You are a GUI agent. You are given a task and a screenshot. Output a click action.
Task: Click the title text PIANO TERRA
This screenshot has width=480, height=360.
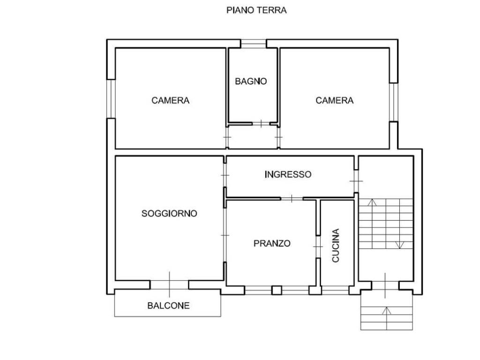tap(256, 10)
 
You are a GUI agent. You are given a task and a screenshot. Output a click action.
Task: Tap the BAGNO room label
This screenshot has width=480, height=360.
tap(251, 81)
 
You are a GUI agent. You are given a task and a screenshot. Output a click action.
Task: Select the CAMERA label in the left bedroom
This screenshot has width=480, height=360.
tap(170, 100)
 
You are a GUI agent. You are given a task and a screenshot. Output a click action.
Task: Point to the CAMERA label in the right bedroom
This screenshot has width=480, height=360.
tap(334, 100)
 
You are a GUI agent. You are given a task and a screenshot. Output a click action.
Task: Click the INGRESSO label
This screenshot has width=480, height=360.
tap(288, 174)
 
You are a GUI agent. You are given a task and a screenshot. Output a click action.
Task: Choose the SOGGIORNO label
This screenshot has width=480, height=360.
tap(169, 213)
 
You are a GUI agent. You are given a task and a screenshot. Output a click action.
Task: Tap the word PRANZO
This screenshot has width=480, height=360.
tap(272, 243)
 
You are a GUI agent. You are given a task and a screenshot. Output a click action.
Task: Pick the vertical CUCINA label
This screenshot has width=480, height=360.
tap(336, 245)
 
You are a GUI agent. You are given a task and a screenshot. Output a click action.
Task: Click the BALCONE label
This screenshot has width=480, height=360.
tap(168, 306)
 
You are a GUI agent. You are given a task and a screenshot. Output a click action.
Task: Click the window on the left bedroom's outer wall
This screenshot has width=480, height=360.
tap(111, 98)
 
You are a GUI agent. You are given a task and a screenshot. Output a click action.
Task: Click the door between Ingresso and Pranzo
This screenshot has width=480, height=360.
tap(292, 198)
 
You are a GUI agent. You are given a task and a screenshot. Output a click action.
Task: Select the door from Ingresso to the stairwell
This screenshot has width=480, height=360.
tap(356, 180)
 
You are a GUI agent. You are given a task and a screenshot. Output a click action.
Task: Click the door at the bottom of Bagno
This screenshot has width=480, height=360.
tap(261, 124)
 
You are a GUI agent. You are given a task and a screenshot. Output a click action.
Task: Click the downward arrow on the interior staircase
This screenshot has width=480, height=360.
tap(400, 244)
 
